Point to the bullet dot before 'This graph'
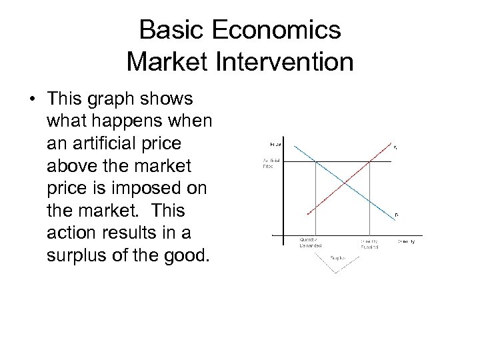coord(32,100)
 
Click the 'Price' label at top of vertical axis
coord(275,143)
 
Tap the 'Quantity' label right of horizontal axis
coord(406,241)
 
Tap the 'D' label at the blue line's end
coord(396,214)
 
